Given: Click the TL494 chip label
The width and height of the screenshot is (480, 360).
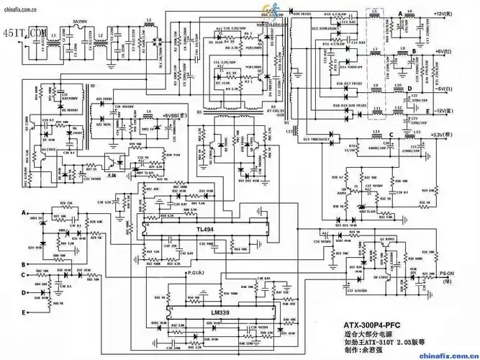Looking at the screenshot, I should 205,229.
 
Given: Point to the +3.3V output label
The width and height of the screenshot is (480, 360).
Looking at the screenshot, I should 451,134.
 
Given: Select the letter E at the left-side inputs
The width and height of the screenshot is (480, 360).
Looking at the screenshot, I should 24,311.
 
